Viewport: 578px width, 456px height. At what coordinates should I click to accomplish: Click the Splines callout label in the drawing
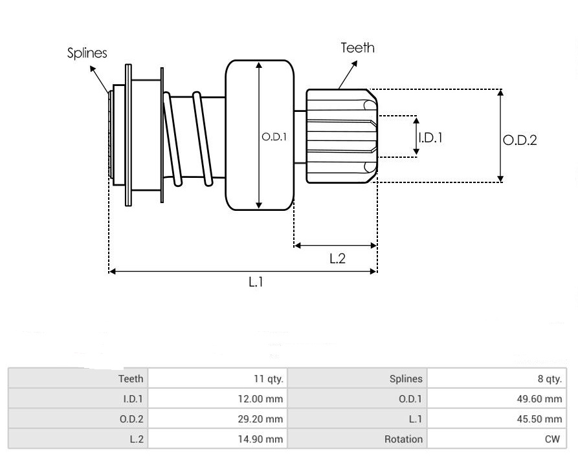coord(87,53)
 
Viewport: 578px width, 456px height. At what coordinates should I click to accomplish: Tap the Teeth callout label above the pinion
coord(357,47)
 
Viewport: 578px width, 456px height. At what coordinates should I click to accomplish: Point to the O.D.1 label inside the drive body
coord(274,137)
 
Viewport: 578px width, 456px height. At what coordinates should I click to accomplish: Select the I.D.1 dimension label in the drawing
coord(431,137)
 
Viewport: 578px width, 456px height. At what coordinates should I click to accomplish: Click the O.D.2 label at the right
coord(520,140)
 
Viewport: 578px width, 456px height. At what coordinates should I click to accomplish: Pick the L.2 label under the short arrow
coord(337,259)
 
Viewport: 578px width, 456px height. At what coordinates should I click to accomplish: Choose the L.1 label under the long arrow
coord(256,283)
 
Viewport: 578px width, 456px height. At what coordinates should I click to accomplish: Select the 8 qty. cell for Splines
coord(548,379)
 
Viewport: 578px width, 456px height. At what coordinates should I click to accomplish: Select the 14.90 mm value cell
coord(261,439)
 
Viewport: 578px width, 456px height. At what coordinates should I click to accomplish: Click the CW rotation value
coord(552,439)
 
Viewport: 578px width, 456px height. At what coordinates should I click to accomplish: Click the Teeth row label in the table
coord(131,379)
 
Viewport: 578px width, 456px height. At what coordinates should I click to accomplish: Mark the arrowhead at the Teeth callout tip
coord(355,64)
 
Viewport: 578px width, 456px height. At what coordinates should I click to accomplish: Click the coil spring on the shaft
coord(190,138)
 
